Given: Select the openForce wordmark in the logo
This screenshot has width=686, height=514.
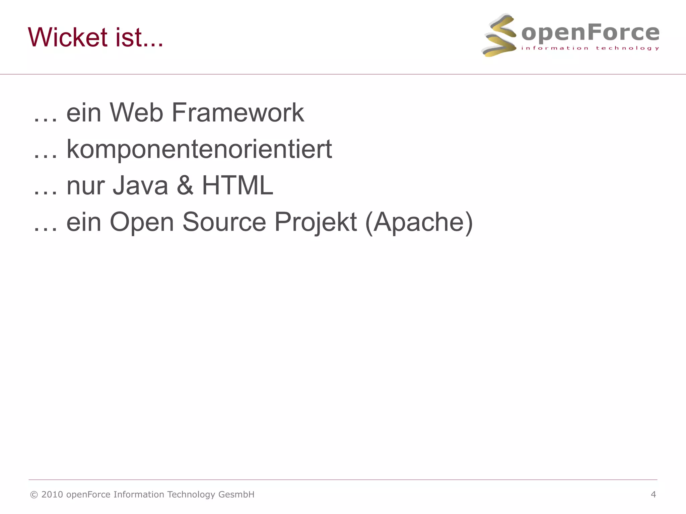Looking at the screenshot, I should click(590, 33).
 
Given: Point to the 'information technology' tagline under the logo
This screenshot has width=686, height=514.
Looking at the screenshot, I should click(590, 48).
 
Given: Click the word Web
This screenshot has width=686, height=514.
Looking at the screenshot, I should click(136, 112).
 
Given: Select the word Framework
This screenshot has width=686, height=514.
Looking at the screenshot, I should click(238, 112).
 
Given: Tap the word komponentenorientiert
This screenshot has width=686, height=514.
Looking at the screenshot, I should click(199, 149).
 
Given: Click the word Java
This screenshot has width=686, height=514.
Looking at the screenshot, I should click(140, 185).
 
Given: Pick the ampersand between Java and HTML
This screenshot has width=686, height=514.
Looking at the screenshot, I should click(185, 185).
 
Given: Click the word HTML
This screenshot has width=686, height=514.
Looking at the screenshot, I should click(237, 185).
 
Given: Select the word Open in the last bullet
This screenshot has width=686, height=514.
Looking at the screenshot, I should click(142, 222).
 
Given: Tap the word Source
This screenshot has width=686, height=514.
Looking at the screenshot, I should click(224, 222).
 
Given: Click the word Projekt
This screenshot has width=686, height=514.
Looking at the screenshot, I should click(316, 222).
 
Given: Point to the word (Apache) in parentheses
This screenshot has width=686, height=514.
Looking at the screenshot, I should click(419, 222).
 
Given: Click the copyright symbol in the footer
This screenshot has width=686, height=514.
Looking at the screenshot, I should click(34, 495).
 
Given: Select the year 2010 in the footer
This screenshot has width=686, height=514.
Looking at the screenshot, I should click(52, 495).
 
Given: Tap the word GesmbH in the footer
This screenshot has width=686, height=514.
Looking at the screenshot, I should click(236, 495).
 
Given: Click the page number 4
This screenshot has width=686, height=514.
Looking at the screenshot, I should click(653, 495).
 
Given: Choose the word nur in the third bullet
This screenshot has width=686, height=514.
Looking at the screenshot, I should click(85, 186).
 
